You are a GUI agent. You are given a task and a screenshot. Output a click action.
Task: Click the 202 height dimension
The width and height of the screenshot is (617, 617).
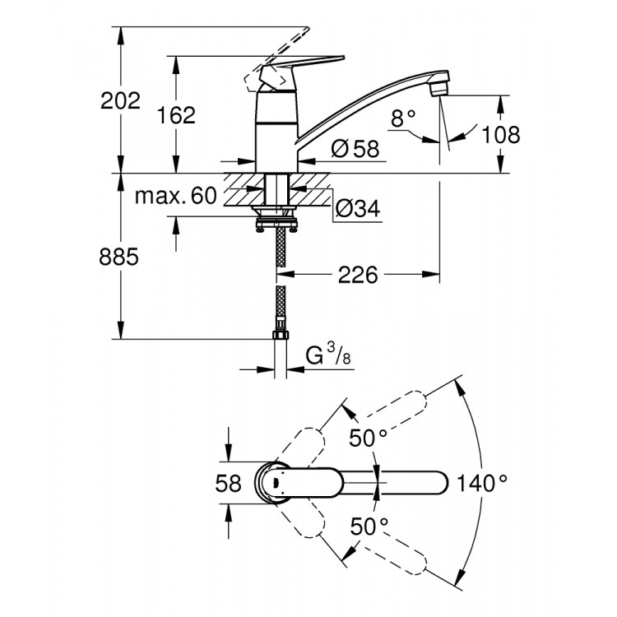click(x=120, y=101)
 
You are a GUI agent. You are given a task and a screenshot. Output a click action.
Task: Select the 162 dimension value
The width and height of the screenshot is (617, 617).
click(x=177, y=115)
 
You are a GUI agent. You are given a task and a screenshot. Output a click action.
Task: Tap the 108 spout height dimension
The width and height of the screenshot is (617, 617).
click(x=502, y=134)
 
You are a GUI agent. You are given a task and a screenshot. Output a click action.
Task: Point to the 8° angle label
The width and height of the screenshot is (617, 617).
click(x=403, y=119)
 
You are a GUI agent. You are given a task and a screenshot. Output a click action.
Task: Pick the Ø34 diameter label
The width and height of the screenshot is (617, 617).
click(x=356, y=211)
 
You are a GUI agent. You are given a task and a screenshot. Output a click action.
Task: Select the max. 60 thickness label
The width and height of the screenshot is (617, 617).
click(x=174, y=196)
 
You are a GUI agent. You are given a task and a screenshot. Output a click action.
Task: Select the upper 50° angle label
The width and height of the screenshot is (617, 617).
click(x=367, y=438)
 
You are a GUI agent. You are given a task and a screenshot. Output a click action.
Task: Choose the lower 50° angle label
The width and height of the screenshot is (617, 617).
click(x=367, y=525)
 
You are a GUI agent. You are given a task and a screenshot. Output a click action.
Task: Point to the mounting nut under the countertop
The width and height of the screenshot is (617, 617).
click(x=278, y=220)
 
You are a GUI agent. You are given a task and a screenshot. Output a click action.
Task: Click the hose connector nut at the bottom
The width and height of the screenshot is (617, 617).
click(x=280, y=336)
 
